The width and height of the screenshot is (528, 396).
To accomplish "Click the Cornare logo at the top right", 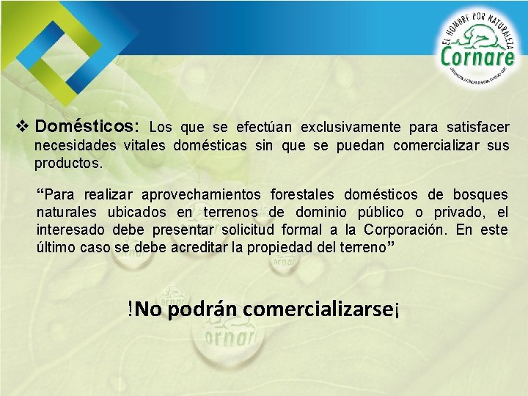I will pyautogui.click(x=477, y=50).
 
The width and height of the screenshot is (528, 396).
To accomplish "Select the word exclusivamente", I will pyautogui.click(x=348, y=128).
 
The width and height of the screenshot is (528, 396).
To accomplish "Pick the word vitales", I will pyautogui.click(x=145, y=145).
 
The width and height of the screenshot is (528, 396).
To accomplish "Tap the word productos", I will pyautogui.click(x=68, y=163).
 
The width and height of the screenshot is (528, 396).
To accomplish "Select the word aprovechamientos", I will pyautogui.click(x=202, y=194).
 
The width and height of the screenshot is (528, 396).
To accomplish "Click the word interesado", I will pyautogui.click(x=70, y=230).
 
